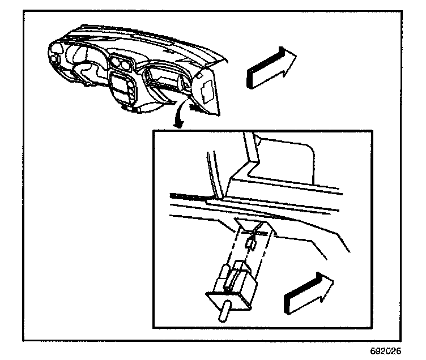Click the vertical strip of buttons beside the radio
click(x=133, y=91)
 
